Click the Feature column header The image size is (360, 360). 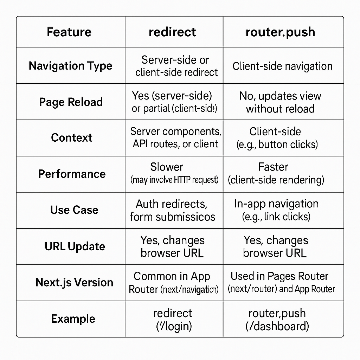pyautogui.click(x=69, y=32)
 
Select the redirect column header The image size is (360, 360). pyautogui.click(x=172, y=32)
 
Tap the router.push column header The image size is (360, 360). pyautogui.click(x=280, y=32)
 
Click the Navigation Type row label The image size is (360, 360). pyautogui.click(x=70, y=66)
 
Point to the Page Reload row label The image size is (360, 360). pyautogui.click(x=71, y=102)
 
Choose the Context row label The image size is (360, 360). pyautogui.click(x=72, y=137)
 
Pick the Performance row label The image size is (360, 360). pyautogui.click(x=72, y=174)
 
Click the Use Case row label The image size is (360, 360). pyautogui.click(x=74, y=210)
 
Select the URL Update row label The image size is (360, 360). pyautogui.click(x=75, y=246)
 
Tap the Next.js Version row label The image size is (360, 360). pyautogui.click(x=74, y=282)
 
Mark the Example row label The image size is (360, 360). pyautogui.click(x=73, y=319)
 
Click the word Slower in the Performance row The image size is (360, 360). pyautogui.click(x=167, y=167)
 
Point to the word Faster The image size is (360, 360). pyautogui.click(x=273, y=167)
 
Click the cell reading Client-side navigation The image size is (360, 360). pyautogui.click(x=282, y=66)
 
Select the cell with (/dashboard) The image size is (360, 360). pyautogui.click(x=277, y=320)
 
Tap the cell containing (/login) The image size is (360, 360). pyautogui.click(x=174, y=320)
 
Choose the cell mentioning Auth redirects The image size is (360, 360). pyautogui.click(x=172, y=210)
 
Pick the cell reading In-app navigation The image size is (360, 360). pyautogui.click(x=276, y=210)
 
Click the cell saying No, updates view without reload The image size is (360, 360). pyautogui.click(x=280, y=102)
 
